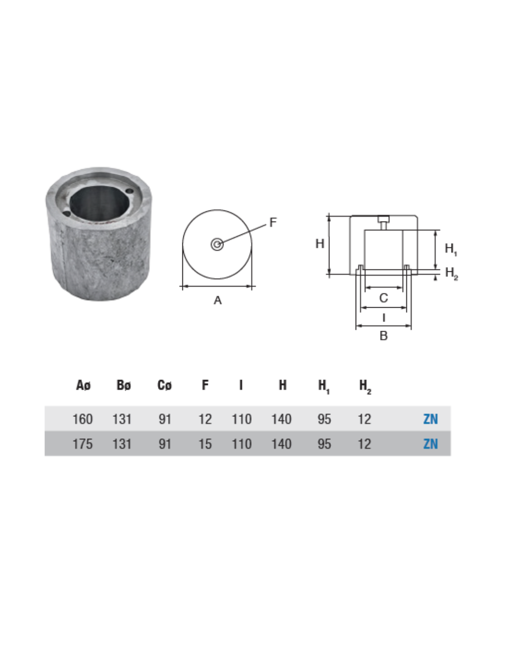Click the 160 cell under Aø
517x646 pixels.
click(83, 419)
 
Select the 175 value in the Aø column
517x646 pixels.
click(83, 444)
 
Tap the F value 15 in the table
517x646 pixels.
click(205, 444)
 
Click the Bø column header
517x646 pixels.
click(124, 385)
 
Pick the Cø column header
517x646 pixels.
click(164, 385)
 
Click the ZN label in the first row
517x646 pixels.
click(430, 419)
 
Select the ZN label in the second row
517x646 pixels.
click(430, 444)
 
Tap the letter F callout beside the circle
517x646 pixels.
click(273, 223)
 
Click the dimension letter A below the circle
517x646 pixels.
click(217, 300)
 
